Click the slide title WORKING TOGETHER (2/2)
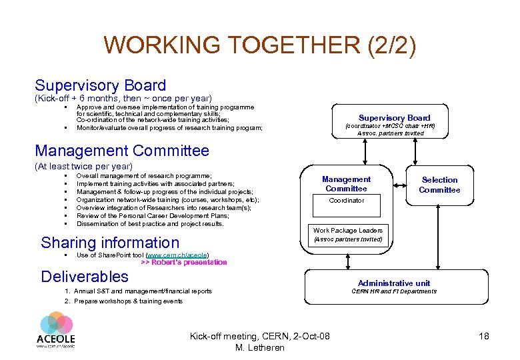click(260, 45)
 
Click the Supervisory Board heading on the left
click(100, 85)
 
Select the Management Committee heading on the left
click(122, 151)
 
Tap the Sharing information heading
click(110, 243)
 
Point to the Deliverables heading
click(85, 276)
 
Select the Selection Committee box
click(439, 185)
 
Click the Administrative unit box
click(394, 286)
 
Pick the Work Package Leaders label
click(347, 230)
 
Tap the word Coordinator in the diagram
click(347, 200)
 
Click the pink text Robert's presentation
click(184, 263)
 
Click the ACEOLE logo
click(56, 330)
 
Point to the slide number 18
click(483, 336)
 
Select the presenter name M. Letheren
click(260, 347)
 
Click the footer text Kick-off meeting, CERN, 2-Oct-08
click(260, 335)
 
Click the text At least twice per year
click(83, 166)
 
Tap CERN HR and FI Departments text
click(394, 291)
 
